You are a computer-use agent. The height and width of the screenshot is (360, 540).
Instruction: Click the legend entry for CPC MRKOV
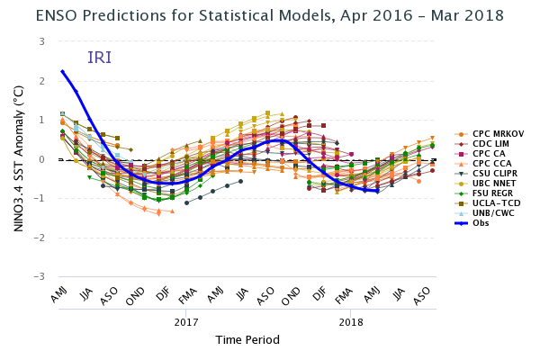coord(495,133)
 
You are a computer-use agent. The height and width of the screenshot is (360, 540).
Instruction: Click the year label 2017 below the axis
coord(186,321)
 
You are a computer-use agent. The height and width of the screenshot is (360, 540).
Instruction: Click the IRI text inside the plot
coord(100,58)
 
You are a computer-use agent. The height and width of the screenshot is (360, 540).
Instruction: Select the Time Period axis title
coord(247,340)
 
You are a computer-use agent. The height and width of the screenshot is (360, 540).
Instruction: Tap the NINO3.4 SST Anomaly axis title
coord(18,159)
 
